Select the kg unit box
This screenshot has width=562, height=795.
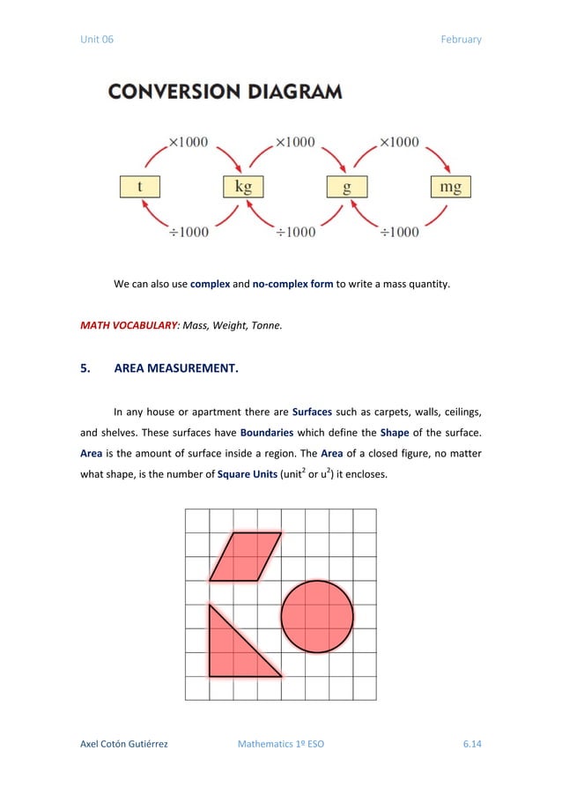pos(242,187)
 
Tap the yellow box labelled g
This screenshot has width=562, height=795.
pos(347,187)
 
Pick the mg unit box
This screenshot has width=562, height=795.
pos(450,187)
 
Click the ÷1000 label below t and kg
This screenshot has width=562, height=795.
pos(189,232)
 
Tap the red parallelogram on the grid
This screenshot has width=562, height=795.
pos(246,555)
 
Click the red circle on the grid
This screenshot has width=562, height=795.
pos(317,616)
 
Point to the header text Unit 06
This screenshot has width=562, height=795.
pos(97,39)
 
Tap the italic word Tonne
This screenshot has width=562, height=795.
pos(267,325)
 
